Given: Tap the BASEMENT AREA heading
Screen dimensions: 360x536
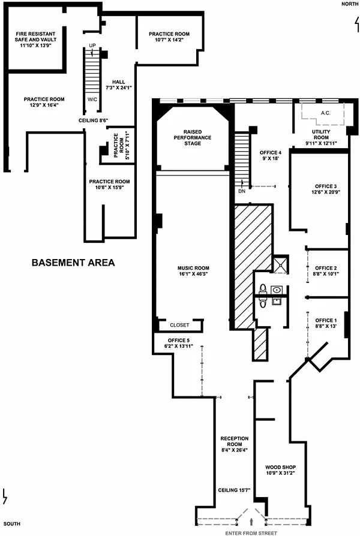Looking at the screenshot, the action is pyautogui.click(x=73, y=263).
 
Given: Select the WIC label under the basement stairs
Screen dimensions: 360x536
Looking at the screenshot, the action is pyautogui.click(x=92, y=100).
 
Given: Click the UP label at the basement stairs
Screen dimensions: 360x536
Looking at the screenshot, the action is pyautogui.click(x=92, y=46).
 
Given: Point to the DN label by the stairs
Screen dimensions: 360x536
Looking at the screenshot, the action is pyautogui.click(x=242, y=191).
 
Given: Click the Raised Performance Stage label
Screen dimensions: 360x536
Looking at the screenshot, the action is pyautogui.click(x=193, y=137).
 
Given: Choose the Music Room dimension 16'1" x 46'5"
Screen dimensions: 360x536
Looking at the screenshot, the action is pyautogui.click(x=193, y=274).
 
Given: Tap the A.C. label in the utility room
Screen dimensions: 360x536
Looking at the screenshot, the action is pyautogui.click(x=326, y=113).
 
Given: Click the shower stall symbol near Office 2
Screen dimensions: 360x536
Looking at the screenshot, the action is pyautogui.click(x=281, y=264).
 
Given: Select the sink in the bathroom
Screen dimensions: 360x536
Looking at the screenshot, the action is pyautogui.click(x=277, y=290).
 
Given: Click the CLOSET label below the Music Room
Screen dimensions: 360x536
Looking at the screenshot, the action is pyautogui.click(x=179, y=325).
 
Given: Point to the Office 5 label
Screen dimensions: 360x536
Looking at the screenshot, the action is pyautogui.click(x=179, y=341).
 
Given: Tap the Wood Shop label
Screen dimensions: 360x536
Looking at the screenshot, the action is pyautogui.click(x=281, y=467).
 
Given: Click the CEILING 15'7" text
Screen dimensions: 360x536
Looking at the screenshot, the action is pyautogui.click(x=235, y=490).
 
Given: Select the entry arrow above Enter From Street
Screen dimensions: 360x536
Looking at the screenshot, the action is pyautogui.click(x=252, y=521).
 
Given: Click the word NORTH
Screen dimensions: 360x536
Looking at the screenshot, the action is pyautogui.click(x=350, y=4).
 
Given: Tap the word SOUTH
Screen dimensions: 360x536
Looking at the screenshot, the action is pyautogui.click(x=12, y=523).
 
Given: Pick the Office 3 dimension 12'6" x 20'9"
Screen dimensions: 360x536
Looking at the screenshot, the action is pyautogui.click(x=326, y=192).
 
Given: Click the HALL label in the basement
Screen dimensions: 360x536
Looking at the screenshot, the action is pyautogui.click(x=119, y=82).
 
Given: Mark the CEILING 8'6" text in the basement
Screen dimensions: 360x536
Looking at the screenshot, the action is pyautogui.click(x=94, y=121).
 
